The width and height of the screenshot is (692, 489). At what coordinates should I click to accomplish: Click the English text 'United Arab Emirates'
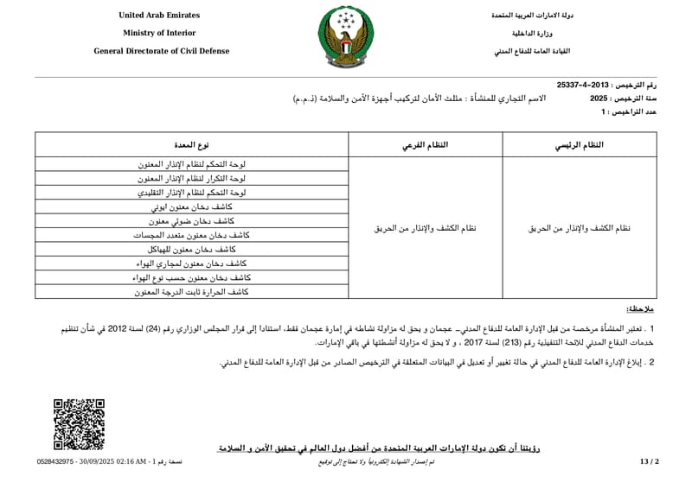[159, 16]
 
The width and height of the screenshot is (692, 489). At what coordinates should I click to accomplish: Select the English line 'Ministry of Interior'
[159, 33]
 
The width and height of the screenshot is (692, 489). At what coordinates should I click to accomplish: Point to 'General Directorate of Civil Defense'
[162, 51]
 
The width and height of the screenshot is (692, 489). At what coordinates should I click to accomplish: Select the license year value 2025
[599, 99]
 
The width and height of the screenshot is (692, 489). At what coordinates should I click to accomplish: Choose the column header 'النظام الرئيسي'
[579, 146]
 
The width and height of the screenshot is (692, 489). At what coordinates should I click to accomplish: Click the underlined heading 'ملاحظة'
[640, 309]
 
